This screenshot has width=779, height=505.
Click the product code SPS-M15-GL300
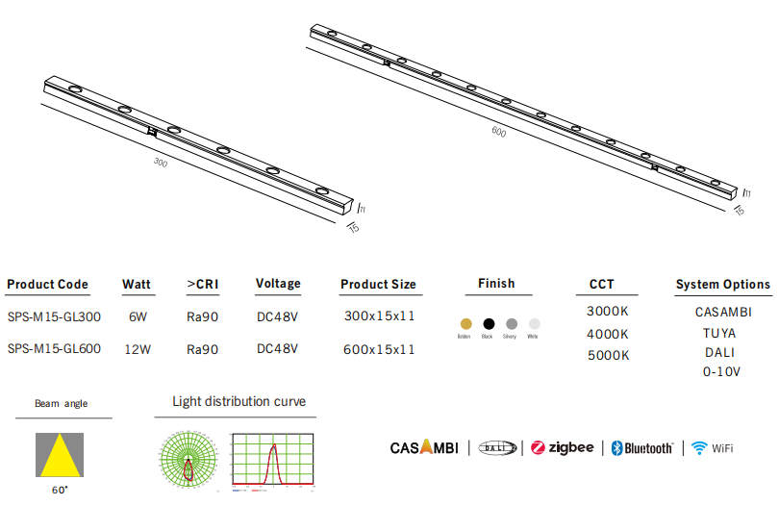[54, 316]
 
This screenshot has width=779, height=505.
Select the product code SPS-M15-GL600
[54, 349]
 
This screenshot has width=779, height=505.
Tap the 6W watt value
[138, 316]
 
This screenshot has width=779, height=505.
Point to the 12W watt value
[138, 349]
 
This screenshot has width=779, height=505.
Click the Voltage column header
[278, 284]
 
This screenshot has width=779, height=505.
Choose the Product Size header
[378, 285]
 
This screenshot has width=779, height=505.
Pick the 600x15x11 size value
[379, 349]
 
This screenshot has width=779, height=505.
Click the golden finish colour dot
[465, 323]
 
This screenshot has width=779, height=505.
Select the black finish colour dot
[489, 323]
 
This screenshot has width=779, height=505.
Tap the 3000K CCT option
[608, 312]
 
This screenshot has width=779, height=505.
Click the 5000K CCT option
[608, 355]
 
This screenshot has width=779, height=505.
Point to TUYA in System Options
[719, 333]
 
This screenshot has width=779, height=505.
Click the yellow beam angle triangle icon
[60, 454]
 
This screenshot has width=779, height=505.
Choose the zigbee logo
[563, 447]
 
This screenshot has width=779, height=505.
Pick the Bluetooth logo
[642, 448]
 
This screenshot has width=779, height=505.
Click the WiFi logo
[712, 447]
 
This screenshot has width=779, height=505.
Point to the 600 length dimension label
[498, 132]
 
